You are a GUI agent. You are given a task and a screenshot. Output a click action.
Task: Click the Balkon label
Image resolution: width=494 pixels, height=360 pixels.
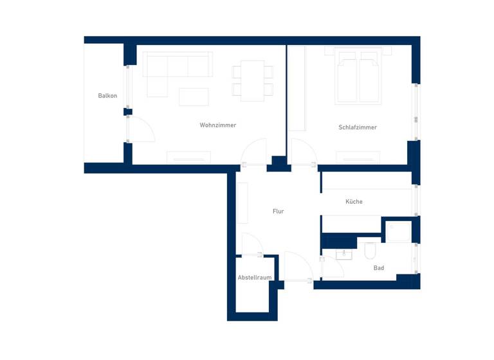coord(107,96)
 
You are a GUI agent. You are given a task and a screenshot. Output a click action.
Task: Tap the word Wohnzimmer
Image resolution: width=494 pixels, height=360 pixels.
coord(217,125)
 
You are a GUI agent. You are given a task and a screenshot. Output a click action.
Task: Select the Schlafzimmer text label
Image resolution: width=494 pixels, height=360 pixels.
coord(358,127)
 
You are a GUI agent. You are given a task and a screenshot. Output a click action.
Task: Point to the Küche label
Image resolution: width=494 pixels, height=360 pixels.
coord(354,201)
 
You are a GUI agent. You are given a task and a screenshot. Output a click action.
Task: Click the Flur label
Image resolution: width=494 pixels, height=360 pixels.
coord(278,211)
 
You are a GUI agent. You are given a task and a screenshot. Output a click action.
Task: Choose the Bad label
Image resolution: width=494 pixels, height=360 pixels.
coord(378,267)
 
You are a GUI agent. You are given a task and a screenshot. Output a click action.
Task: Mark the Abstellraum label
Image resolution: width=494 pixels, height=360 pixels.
coord(254,277)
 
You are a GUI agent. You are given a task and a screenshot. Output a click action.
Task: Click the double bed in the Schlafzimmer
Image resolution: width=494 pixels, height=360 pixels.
coord(358,77)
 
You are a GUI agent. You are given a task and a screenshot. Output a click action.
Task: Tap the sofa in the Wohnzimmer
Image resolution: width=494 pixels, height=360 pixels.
coord(177,68)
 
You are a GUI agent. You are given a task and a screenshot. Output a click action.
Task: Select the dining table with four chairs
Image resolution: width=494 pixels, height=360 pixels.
coord(252,80)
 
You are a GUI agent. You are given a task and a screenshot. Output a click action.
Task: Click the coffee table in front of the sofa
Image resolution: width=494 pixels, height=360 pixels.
coord(194,96)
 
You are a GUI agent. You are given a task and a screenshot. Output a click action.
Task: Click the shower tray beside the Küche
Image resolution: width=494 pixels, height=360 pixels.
coord(398,231)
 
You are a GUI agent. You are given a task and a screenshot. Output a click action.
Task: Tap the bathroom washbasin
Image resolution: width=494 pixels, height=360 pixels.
coord(344,254)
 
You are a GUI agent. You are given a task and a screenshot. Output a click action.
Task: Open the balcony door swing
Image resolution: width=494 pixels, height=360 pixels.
coord(140,130)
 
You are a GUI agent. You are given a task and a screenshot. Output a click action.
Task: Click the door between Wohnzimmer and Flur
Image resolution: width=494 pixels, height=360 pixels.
coord(255,153)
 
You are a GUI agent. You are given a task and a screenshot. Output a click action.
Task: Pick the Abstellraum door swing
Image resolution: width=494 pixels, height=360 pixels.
coord(251,244)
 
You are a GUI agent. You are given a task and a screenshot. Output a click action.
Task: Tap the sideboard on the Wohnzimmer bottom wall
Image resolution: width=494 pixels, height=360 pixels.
coord(188,157)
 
